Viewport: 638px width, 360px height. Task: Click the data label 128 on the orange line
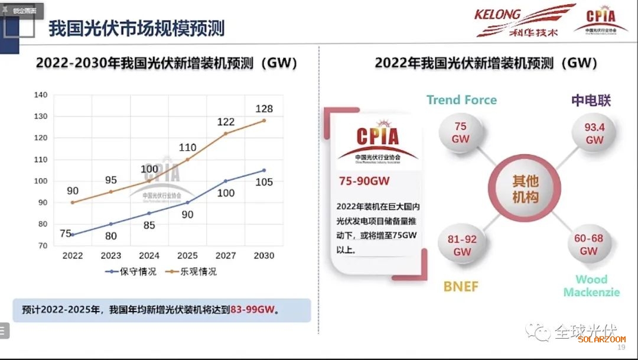coord(264,109)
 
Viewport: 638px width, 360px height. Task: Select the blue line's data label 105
coord(264,182)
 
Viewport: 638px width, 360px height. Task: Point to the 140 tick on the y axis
coord(41,95)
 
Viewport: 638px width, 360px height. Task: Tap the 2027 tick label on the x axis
coord(226,256)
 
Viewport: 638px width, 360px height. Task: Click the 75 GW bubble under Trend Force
coord(461,132)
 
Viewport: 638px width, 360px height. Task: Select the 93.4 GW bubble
coord(594,133)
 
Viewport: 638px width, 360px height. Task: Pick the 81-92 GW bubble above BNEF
coord(461,245)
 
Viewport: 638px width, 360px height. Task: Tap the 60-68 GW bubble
coord(588,245)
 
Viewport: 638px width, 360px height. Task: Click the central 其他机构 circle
coord(525,189)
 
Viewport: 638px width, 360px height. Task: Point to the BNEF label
coord(461,287)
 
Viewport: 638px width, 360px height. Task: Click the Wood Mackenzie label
coord(591,286)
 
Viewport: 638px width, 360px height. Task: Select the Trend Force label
coord(461,100)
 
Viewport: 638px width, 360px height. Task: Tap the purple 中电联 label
coord(591,100)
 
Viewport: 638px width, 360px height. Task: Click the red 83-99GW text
coord(254,309)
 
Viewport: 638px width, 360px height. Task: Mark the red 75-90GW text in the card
coord(364,181)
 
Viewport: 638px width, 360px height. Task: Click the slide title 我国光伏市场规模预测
coord(136,28)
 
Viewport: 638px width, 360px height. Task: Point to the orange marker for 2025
coord(187,160)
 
